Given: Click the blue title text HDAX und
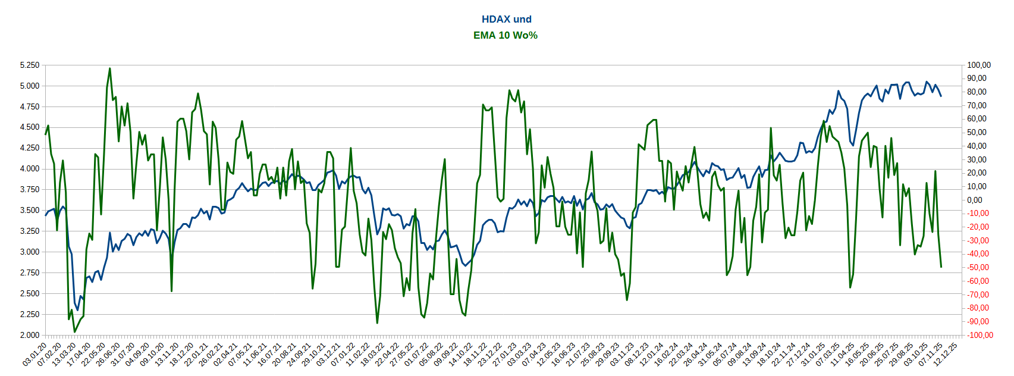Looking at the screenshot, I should tap(506, 20).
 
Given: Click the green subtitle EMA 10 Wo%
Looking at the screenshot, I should tap(506, 36).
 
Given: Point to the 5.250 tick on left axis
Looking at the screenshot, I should tap(30, 65).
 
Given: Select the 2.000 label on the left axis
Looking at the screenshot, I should tap(30, 335).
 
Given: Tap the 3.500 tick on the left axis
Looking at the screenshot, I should tap(30, 210).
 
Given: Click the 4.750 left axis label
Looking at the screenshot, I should tap(30, 106).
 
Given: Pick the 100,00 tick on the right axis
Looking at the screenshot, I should tap(979, 65).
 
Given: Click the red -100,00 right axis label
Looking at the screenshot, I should tap(979, 335).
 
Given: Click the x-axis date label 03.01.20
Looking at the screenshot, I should tap(35, 354).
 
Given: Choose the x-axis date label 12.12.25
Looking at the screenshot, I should tap(946, 354).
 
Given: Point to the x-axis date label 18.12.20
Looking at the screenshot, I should tap(182, 354).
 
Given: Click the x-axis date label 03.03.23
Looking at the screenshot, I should tap(520, 354).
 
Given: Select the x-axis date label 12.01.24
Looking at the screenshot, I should tap(652, 354).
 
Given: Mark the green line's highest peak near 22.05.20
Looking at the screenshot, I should tap(109, 68).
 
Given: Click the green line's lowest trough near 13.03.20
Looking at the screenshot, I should tap(74, 332).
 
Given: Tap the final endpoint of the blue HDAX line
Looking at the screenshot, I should tap(941, 96).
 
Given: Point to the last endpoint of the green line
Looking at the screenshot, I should tap(941, 267).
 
